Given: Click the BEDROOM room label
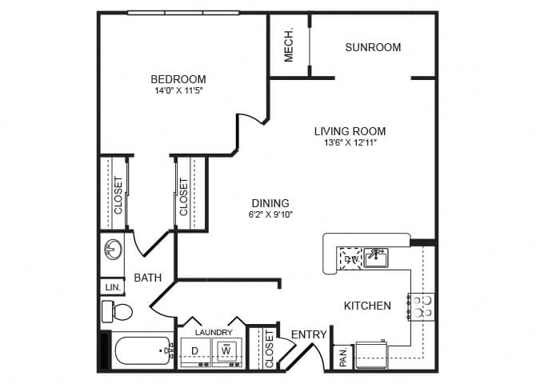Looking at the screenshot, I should point(178,79).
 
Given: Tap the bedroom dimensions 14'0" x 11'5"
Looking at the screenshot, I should point(178,91).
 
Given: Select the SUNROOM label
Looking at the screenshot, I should point(373,47).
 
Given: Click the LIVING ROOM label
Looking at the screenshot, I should point(350,131).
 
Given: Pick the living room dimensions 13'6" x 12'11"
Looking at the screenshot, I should point(350,143).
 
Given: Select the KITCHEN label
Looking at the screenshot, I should point(367,306).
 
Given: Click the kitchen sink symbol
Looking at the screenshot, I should point(375,258).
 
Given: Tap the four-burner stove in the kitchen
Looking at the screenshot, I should point(422,306).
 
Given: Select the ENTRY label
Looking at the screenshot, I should point(308,334).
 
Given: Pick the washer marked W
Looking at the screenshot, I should point(226,350).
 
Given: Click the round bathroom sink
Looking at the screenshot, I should point(113,250).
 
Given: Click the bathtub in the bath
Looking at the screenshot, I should point(141,350).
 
